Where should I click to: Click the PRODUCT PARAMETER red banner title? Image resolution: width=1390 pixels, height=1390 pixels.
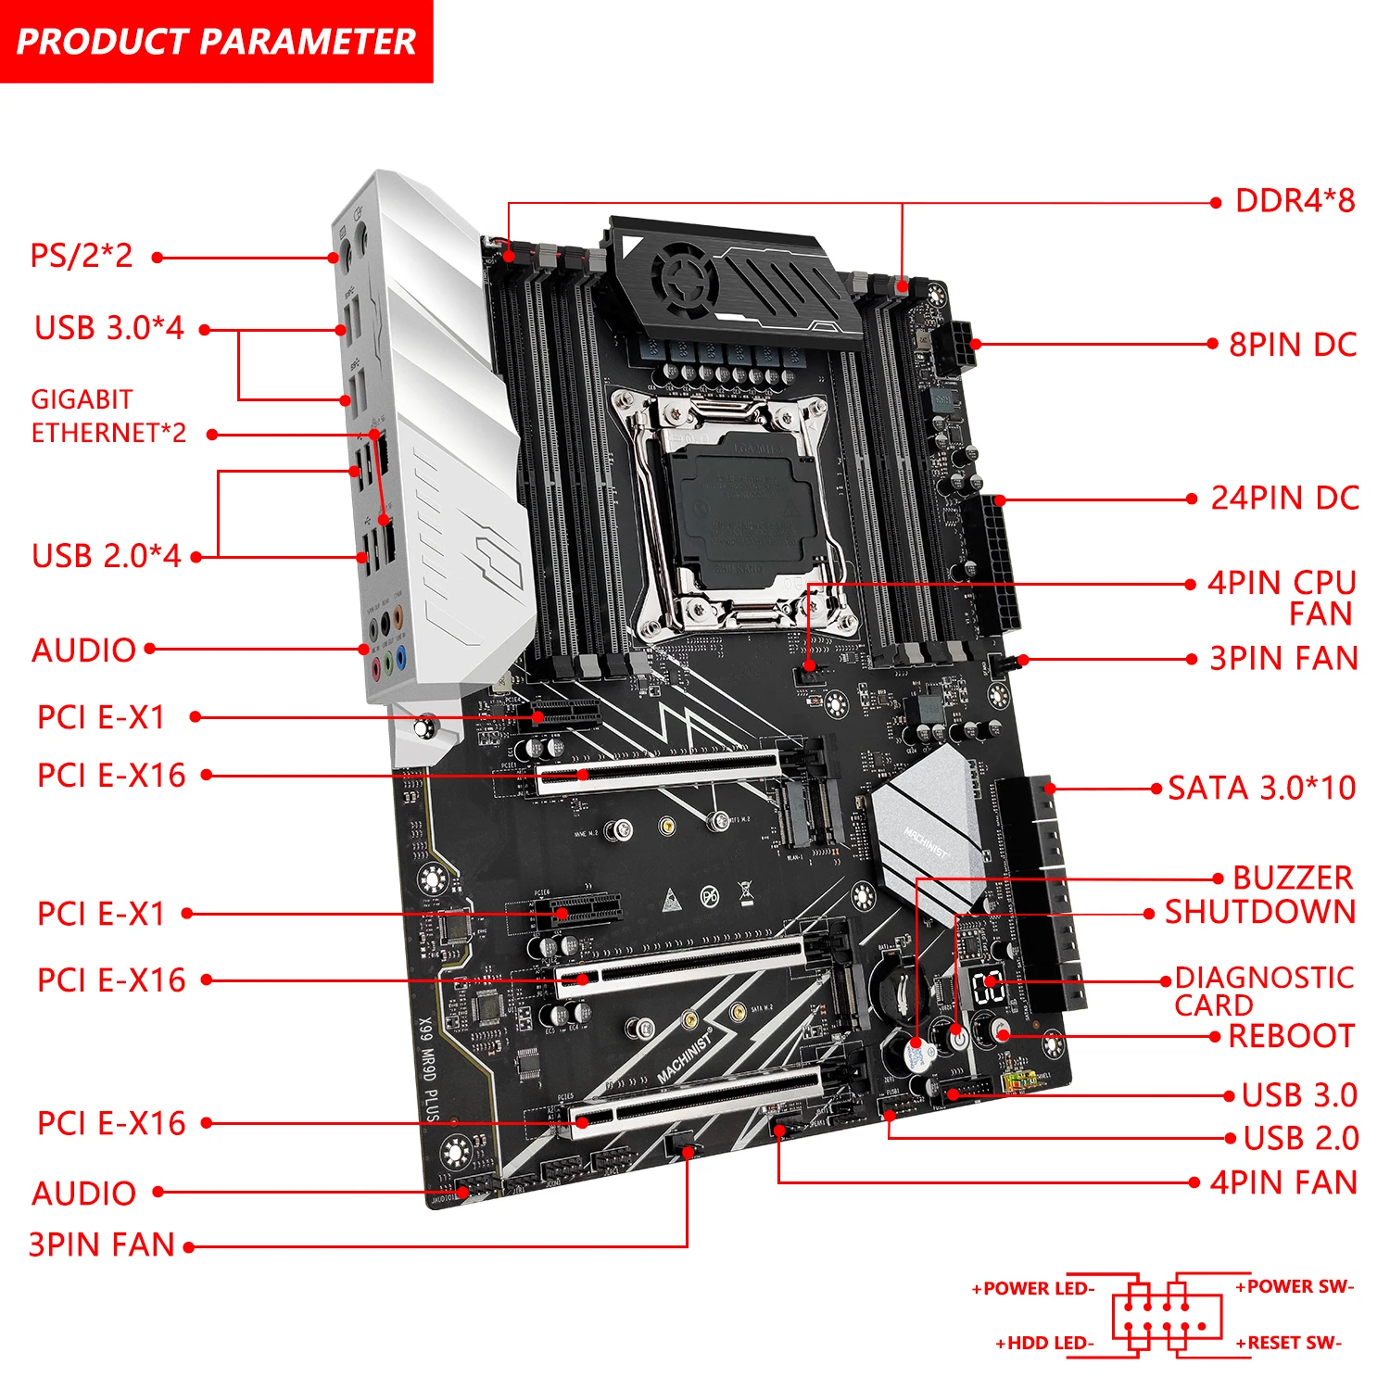216,41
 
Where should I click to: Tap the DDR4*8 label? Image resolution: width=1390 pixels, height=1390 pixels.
1294,201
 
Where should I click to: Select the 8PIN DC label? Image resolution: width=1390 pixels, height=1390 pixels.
1292,345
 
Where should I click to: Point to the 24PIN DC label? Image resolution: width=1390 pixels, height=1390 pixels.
1284,499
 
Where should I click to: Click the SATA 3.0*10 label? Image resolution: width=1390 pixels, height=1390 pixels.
1261,789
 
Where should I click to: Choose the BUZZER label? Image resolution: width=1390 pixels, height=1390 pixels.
1292,878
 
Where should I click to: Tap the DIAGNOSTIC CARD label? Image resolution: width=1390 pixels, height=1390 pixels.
1263,991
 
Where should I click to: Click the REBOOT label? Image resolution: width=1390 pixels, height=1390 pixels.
1291,1036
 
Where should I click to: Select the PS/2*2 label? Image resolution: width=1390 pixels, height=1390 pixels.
82,256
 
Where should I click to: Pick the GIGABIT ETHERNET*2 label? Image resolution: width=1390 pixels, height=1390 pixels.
107,416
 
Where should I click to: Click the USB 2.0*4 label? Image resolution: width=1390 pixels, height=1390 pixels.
107,556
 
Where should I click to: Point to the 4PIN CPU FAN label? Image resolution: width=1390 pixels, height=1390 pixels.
1282,598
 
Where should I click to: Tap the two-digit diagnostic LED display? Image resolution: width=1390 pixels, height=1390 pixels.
989,988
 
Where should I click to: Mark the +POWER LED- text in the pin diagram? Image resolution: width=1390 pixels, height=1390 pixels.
1033,1288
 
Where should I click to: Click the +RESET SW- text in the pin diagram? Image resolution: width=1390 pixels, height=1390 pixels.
1288,1343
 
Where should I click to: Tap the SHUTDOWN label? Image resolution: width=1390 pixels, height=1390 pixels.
1259,912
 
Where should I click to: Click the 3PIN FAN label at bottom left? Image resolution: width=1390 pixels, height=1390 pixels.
102,1245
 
